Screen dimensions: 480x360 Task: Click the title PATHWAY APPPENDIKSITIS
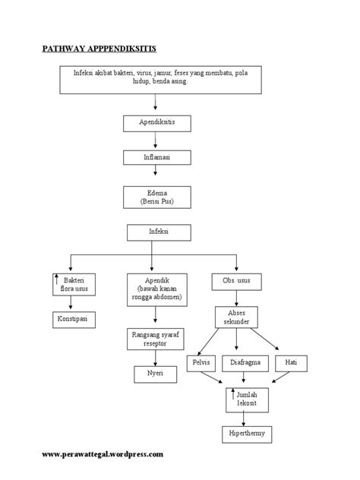[98, 49]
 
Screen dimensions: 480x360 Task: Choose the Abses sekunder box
[237, 317]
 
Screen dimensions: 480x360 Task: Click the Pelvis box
[201, 362]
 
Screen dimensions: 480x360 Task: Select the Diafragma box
[243, 362]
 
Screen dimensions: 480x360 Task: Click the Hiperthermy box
[243, 434]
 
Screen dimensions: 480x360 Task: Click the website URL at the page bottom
[102, 455]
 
